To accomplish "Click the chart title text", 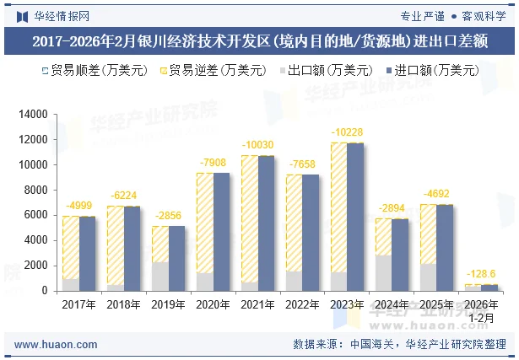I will pyautogui.click(x=259, y=40).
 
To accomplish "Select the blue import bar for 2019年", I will pyautogui.click(x=176, y=258).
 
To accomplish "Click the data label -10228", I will pyautogui.click(x=347, y=132).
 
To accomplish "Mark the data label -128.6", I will pyautogui.click(x=481, y=275).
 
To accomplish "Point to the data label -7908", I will pyautogui.click(x=213, y=162).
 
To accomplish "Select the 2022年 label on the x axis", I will pyautogui.click(x=302, y=304).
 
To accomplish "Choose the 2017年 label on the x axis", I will pyautogui.click(x=78, y=304).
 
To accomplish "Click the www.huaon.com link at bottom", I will pyautogui.click(x=57, y=344).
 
